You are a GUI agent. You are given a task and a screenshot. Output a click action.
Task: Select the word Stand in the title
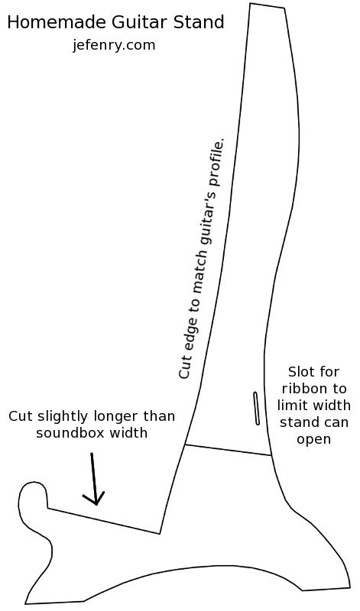coord(199,22)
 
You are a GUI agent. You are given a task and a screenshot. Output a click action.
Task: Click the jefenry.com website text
coord(114,46)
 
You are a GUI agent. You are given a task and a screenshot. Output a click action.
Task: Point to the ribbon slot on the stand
coord(257,408)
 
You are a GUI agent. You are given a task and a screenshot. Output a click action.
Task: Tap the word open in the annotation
coord(313,439)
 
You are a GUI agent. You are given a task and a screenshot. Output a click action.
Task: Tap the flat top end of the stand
coord(268,5)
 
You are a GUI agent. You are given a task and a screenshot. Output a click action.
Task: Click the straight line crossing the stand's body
coord(229,450)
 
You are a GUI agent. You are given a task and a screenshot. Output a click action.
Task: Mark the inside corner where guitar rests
coord(160,533)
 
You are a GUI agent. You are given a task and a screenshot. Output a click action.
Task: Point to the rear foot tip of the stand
coord(350,586)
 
